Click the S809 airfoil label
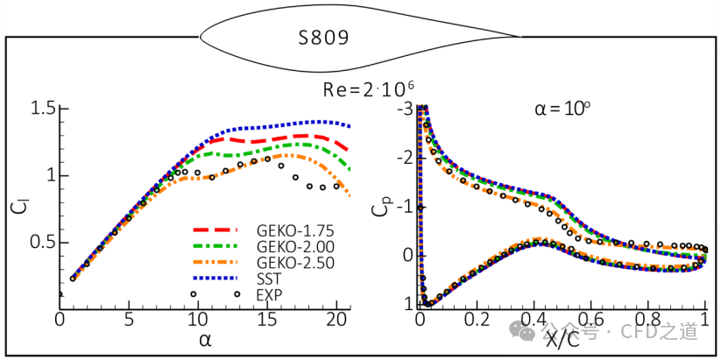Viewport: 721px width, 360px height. (x=323, y=38)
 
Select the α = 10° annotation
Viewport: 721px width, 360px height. (x=562, y=111)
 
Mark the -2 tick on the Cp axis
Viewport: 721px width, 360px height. (x=405, y=157)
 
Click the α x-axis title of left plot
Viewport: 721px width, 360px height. (x=205, y=340)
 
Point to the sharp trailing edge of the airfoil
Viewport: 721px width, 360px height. (x=522, y=36)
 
